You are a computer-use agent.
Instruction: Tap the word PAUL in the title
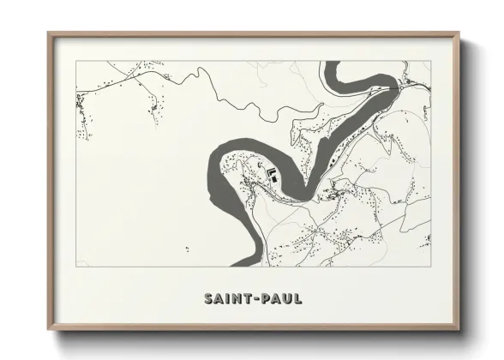[279, 299]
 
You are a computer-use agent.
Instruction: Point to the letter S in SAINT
[209, 299]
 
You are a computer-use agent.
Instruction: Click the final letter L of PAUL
[297, 299]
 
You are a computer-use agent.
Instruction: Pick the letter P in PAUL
[263, 299]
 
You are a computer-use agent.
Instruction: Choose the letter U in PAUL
[285, 299]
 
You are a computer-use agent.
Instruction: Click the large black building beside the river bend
[273, 173]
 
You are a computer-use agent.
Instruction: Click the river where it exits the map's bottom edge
[244, 265]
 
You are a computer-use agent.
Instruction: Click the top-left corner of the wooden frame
[48, 33]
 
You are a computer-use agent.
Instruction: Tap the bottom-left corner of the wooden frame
[48, 331]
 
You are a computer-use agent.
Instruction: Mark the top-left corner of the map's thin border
[76, 62]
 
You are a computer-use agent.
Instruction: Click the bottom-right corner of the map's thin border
[430, 266]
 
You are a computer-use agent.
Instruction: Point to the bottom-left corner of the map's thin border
[76, 266]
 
